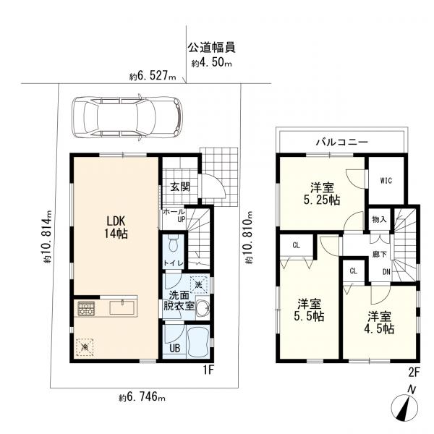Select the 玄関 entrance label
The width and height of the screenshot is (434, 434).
pos(180,186)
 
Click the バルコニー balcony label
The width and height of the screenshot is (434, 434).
pos(342,142)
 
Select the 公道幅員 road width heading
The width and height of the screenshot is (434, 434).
pos(211,49)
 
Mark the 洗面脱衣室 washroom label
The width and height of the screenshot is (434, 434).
pos(180,300)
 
